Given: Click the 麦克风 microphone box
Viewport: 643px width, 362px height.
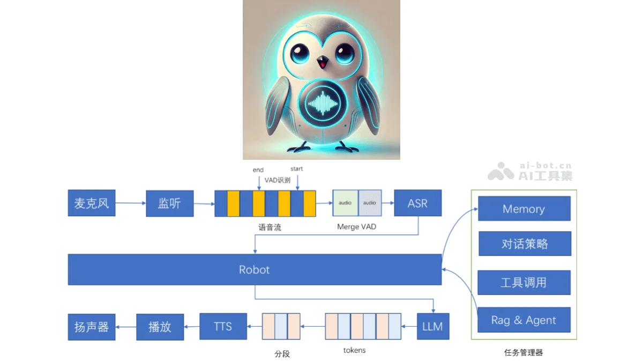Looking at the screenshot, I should (x=91, y=203).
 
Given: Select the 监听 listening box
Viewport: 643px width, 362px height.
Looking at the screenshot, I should (x=169, y=203).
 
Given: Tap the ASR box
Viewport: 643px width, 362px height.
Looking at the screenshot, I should (x=417, y=203).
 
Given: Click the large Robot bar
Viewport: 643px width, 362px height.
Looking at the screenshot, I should (x=255, y=269).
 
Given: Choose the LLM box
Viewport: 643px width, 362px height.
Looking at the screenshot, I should (x=432, y=326).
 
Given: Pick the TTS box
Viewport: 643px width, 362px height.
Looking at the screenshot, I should (x=223, y=326).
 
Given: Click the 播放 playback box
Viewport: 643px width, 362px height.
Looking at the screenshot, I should (x=160, y=327).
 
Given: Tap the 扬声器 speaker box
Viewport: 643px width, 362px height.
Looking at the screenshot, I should (x=91, y=327).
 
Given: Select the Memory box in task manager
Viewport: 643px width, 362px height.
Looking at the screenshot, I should (x=524, y=209).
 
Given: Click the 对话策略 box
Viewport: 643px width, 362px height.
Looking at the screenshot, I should (x=524, y=243).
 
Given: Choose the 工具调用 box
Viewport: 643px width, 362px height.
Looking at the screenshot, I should (x=524, y=282).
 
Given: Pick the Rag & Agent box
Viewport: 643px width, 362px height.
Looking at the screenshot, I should (x=524, y=320).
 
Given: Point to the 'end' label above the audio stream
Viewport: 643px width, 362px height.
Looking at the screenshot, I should (x=258, y=170).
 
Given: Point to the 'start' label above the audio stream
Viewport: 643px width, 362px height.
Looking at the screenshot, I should (x=296, y=169).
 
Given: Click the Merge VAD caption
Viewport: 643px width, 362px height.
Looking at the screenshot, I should (x=356, y=227).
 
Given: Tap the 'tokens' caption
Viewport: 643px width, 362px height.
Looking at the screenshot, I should (x=354, y=350).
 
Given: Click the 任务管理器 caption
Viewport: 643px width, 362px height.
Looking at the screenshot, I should (x=524, y=352).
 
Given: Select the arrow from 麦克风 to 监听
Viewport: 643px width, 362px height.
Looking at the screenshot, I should (x=130, y=203).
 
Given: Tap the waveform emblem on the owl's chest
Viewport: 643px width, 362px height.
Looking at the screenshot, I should (x=322, y=103).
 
